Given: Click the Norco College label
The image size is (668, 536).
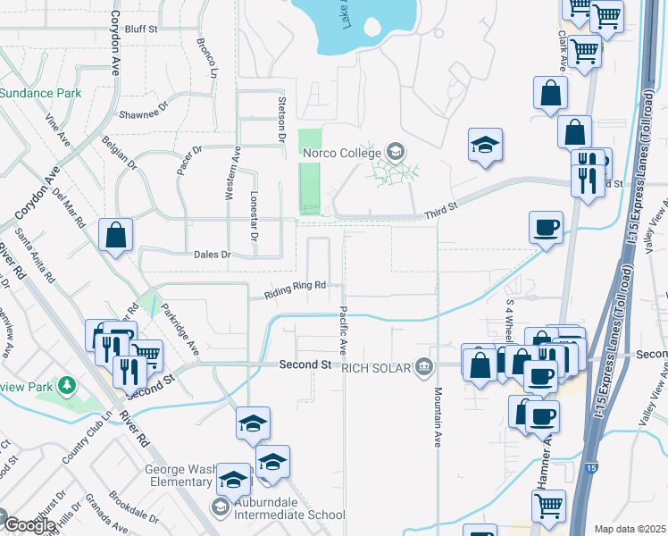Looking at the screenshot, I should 342,152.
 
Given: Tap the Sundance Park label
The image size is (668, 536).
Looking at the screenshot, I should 41,93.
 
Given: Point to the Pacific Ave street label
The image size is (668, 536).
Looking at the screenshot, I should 342,330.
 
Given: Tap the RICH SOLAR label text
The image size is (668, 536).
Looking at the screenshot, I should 375,366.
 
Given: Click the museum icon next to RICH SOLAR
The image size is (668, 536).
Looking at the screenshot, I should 424,366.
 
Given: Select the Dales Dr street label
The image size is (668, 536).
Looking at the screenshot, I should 213,255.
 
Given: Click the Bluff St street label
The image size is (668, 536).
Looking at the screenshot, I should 141,29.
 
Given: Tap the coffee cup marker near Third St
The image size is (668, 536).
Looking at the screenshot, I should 546,227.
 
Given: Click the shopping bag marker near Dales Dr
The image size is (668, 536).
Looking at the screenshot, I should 116,236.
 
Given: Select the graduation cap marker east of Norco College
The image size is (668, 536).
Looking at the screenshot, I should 484,146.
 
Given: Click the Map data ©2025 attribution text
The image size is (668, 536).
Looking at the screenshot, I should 629,529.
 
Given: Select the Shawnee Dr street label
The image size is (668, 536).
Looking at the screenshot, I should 145,114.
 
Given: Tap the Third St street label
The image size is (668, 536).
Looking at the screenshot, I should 440,207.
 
